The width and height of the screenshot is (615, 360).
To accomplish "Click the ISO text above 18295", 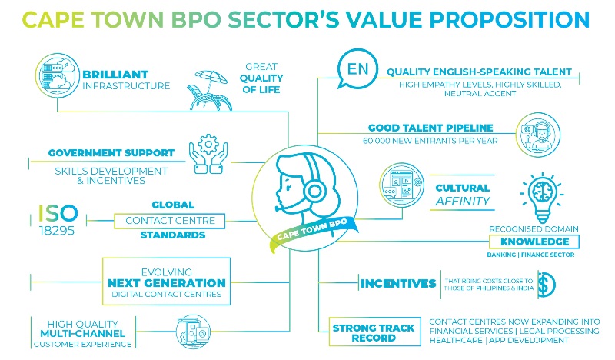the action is tap(58, 213).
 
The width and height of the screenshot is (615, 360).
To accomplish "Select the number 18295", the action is tap(57, 231).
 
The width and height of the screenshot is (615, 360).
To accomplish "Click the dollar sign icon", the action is tap(547, 285).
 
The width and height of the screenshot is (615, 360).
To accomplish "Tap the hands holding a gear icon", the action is tap(208, 154).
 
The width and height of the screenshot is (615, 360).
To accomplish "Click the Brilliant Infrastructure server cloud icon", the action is tap(57, 75).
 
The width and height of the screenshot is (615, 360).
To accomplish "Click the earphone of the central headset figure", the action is tap(314, 192).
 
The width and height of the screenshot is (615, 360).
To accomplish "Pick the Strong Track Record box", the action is tap(374, 332).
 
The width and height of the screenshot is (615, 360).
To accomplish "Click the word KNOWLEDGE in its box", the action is tap(534, 242).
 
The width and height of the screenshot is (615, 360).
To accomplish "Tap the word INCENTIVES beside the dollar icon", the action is tap(398, 283).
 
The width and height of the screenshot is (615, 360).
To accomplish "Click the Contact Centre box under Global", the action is tap(170, 221).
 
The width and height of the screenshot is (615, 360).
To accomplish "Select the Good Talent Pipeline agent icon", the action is tap(537, 135).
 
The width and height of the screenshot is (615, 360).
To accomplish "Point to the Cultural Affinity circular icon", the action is tap(402, 185).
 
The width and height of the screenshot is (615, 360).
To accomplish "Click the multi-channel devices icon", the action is tap(193, 332).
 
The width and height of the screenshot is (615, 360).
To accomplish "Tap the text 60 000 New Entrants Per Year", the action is tap(430, 141).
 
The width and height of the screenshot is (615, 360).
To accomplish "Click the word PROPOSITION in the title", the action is tap(510, 20).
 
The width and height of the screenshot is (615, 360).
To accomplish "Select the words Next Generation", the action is tap(167, 283).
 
